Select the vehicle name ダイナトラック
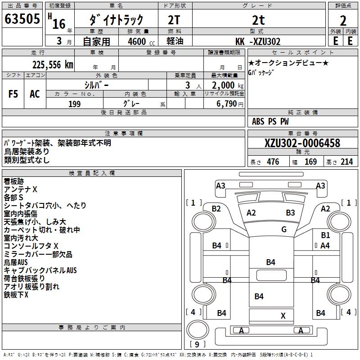(x=117, y=20)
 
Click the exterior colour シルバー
(x=96, y=85)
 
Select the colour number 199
(x=74, y=104)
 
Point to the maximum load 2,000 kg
(x=225, y=85)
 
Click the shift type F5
(x=13, y=94)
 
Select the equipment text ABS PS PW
(x=270, y=121)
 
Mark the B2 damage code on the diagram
(x=216, y=208)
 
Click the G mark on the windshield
(x=284, y=229)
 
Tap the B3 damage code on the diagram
(x=290, y=212)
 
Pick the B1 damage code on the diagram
(x=325, y=235)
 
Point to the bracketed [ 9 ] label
(x=194, y=345)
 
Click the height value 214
(x=347, y=162)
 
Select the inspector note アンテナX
(x=21, y=189)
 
